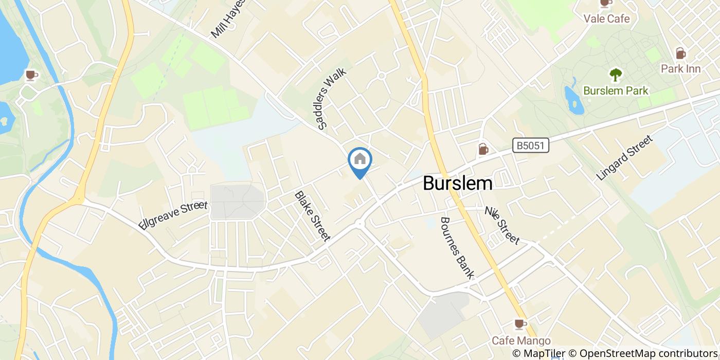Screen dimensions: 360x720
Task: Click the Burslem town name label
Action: (457, 184)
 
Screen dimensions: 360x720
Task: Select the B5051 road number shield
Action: (531, 147)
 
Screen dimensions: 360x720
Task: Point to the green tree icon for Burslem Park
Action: (616, 75)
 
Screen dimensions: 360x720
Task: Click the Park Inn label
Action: (680, 68)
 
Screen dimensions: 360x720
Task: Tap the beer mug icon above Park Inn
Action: (680, 53)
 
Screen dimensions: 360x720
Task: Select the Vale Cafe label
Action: (606, 19)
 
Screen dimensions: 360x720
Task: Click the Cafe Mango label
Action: (521, 340)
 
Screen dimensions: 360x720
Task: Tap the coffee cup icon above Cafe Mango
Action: (520, 324)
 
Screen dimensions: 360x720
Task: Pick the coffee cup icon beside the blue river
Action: (32, 75)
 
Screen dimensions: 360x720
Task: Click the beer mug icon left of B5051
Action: (483, 149)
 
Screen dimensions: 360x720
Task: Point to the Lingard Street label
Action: (624, 157)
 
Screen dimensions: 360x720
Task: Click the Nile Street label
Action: (502, 225)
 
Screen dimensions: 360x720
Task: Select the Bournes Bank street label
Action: (457, 248)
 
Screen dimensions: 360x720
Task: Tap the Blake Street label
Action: (312, 216)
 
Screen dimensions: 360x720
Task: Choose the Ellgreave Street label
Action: (173, 216)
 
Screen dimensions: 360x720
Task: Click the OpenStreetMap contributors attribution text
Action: (649, 354)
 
